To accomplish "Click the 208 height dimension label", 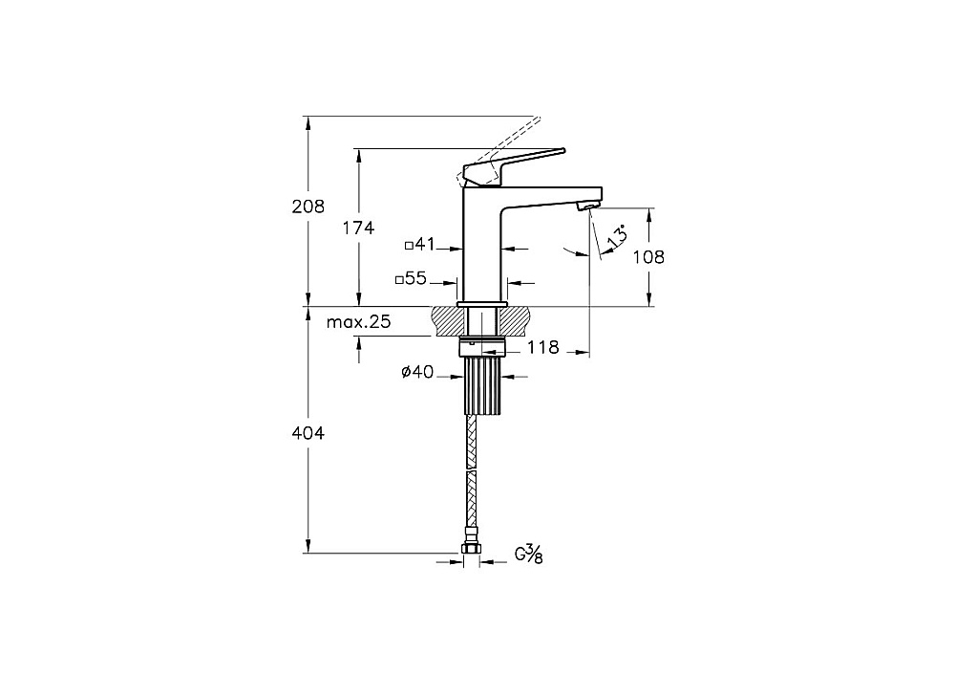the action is tap(308, 207).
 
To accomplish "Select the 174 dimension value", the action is tap(358, 229).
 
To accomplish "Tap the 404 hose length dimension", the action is tap(308, 433).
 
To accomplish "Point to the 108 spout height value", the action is tap(648, 256).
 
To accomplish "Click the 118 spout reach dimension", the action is tap(542, 348).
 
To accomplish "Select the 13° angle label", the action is tap(616, 236).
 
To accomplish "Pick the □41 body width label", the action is tap(420, 245).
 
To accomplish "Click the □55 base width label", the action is tap(411, 278).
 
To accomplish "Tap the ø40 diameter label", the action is tap(418, 371).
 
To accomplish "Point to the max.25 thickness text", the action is tap(359, 322).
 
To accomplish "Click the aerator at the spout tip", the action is tap(585, 208).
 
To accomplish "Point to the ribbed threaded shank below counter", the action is tap(482, 385).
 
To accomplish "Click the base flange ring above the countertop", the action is tap(481, 303).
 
